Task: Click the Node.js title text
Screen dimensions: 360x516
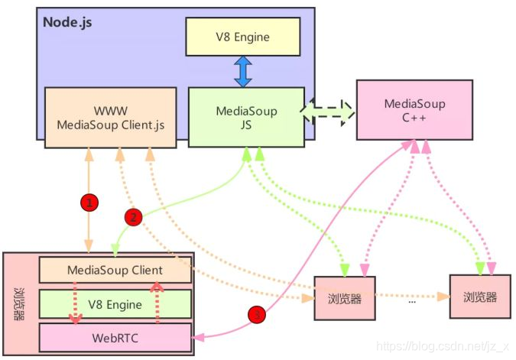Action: (x=68, y=21)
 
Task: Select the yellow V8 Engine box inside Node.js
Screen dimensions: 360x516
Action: (x=242, y=37)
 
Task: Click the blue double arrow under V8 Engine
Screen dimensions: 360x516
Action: (x=242, y=71)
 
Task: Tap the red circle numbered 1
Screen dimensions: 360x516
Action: (x=89, y=203)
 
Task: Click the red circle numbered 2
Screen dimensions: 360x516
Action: (x=133, y=217)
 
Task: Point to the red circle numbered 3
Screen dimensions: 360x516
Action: (x=258, y=313)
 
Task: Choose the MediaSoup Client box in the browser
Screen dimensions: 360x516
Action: (x=115, y=270)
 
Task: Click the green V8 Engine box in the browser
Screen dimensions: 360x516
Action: (x=115, y=304)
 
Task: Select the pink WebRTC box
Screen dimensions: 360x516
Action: (x=115, y=336)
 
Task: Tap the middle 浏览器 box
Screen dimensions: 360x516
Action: (x=345, y=297)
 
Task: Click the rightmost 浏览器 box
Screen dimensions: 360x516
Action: (x=479, y=297)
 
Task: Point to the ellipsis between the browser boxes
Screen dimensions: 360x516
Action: (x=412, y=300)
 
